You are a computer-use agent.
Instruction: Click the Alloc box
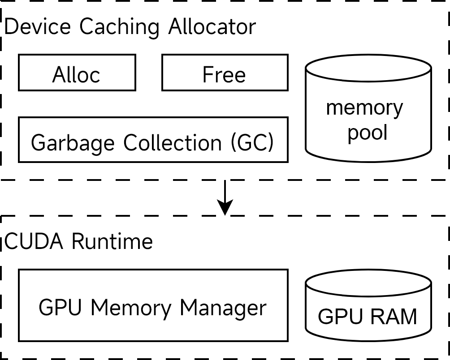pos(77,73)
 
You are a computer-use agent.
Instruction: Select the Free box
pos(225,73)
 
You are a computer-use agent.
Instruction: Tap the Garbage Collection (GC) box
pos(153,140)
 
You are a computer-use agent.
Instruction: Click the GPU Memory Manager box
pos(153,305)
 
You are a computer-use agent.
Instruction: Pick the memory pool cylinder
pos(368,116)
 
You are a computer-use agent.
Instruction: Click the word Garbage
pos(73,143)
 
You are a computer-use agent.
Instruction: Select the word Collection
pos(173,142)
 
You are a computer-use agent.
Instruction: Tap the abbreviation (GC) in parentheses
pos(252,142)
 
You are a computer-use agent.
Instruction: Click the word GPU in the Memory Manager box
pos(60,308)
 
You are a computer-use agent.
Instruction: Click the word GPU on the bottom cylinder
pos(340,317)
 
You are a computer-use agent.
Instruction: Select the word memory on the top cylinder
pos(364,107)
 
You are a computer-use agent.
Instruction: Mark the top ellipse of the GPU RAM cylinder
pos(368,283)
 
